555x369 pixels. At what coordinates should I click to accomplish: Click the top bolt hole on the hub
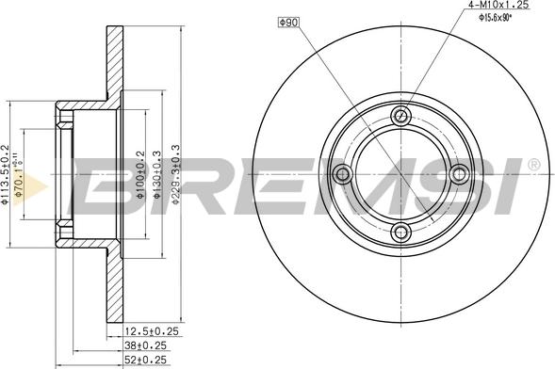(x=402, y=116)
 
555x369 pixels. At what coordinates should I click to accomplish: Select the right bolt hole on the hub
(x=461, y=173)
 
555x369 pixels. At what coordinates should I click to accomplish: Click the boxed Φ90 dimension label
(x=288, y=21)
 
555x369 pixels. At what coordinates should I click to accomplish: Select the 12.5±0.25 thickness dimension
(x=151, y=331)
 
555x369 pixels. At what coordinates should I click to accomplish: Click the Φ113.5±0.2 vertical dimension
(x=6, y=173)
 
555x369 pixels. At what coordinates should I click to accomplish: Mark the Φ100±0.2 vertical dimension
(x=140, y=173)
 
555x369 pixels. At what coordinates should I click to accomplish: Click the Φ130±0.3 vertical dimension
(x=157, y=173)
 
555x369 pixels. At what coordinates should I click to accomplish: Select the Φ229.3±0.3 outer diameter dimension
(x=175, y=173)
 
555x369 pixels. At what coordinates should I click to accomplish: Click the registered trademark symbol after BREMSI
(x=534, y=165)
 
